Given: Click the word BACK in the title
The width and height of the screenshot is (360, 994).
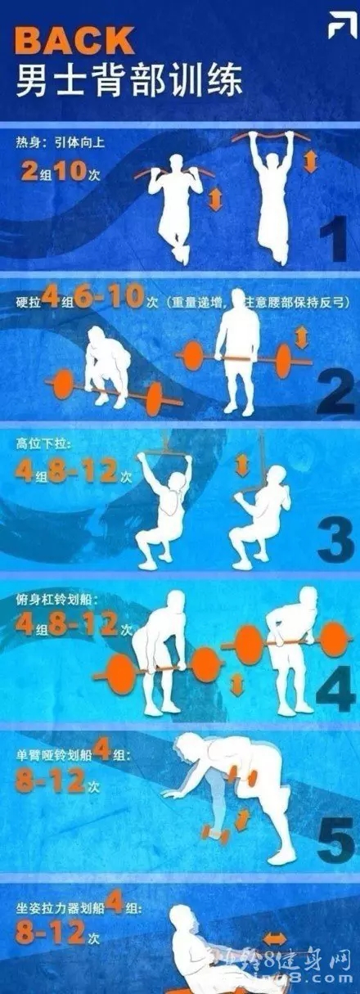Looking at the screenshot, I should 74,39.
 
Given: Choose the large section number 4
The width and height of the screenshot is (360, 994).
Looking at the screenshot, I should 333,690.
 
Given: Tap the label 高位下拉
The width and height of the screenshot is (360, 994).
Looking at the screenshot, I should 38,444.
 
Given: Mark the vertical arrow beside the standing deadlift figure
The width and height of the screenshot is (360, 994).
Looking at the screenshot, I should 302,337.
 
